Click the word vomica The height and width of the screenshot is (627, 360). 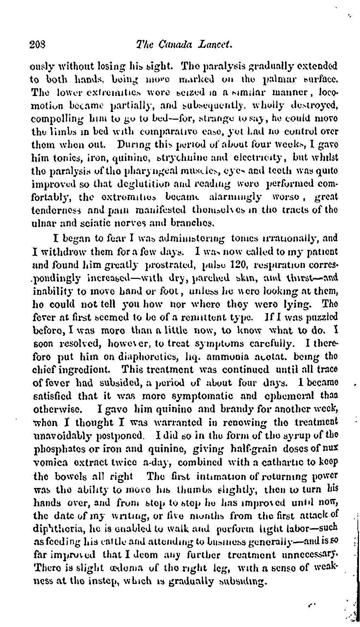click(x=49, y=462)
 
